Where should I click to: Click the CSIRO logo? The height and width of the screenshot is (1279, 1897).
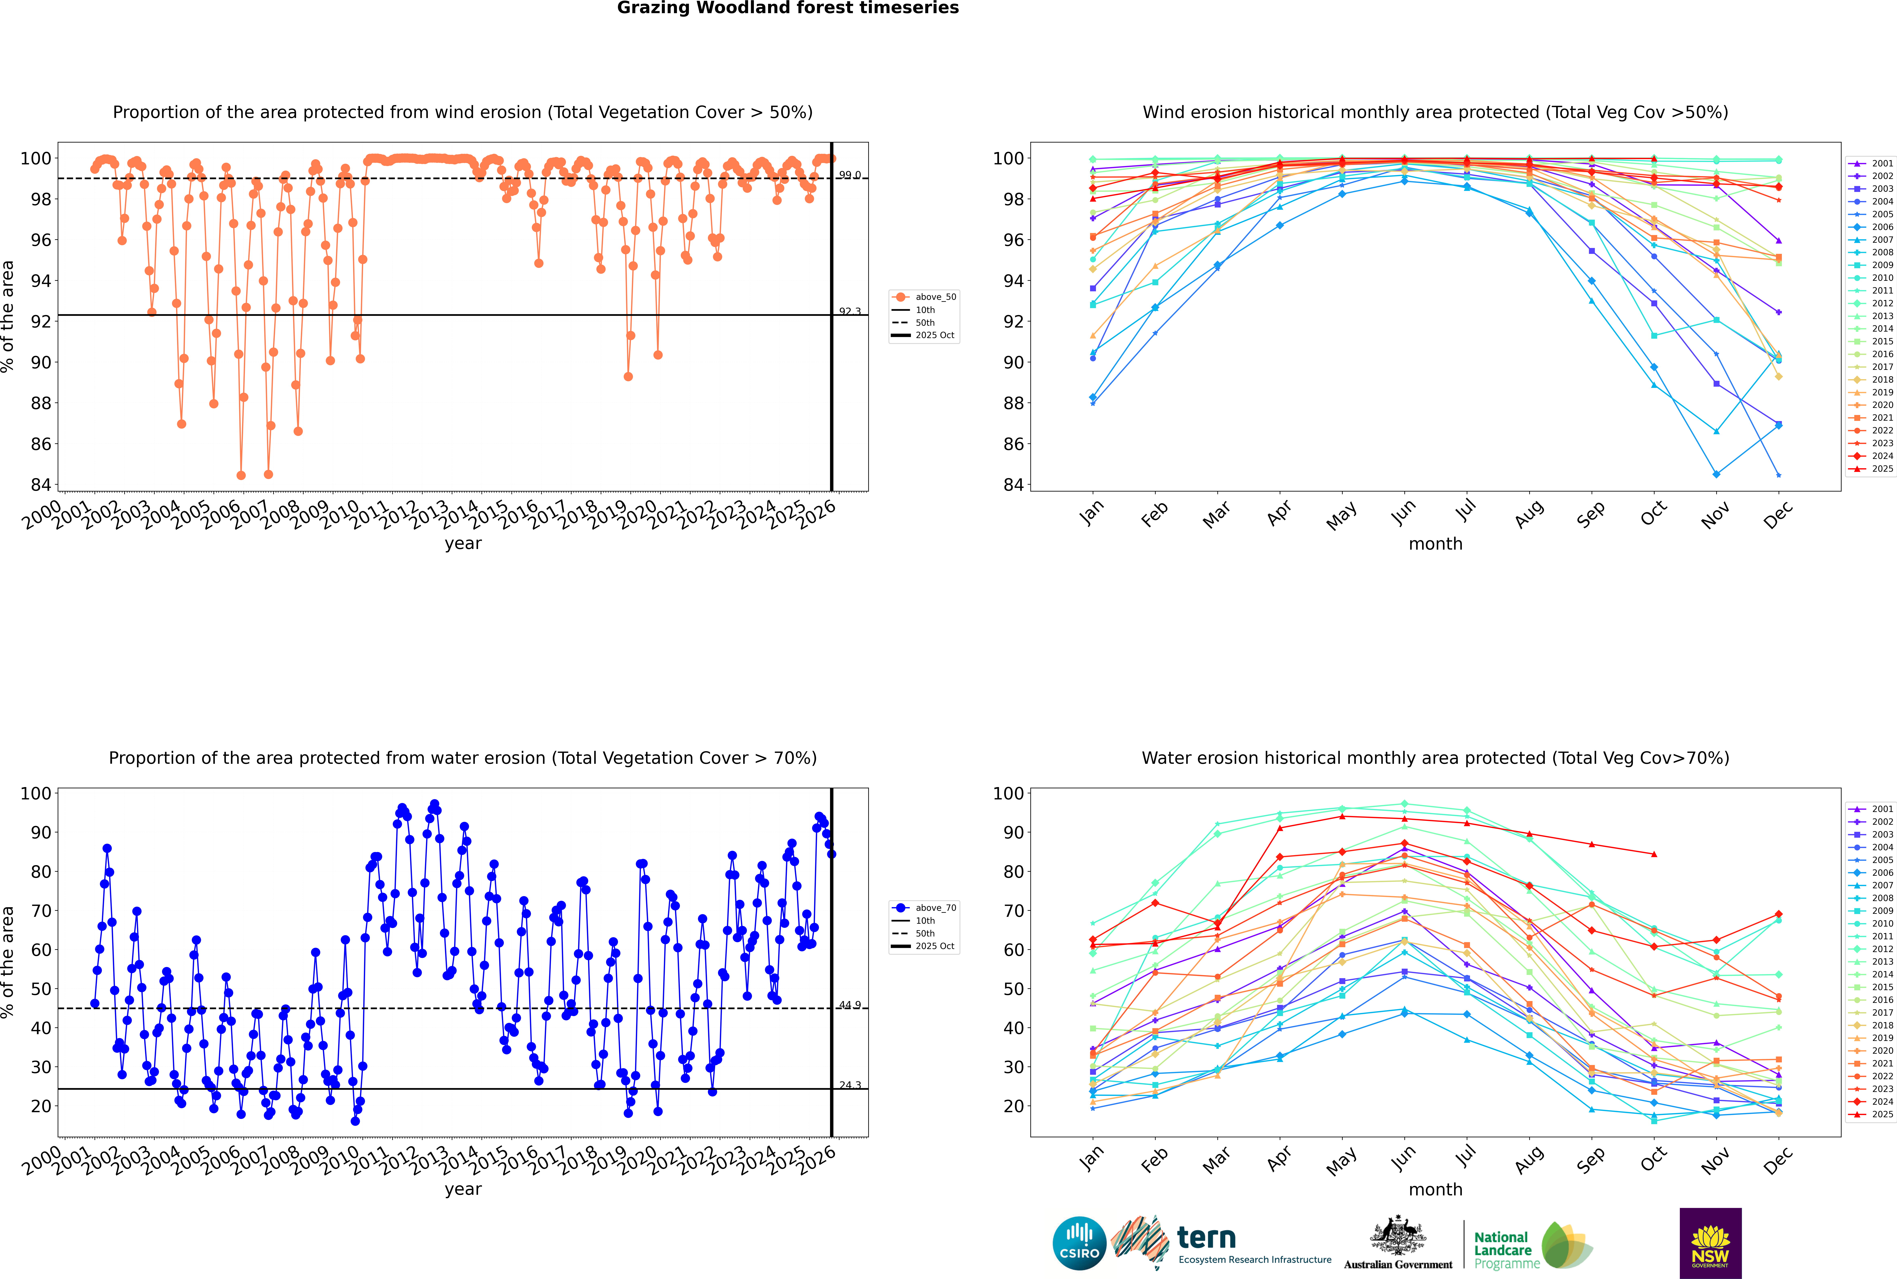(x=1079, y=1243)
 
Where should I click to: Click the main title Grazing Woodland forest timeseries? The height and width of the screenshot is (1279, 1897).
(x=788, y=8)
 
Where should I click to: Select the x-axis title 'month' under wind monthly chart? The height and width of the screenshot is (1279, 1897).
(x=1435, y=544)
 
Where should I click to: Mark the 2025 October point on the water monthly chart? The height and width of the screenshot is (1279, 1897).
(x=1654, y=854)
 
